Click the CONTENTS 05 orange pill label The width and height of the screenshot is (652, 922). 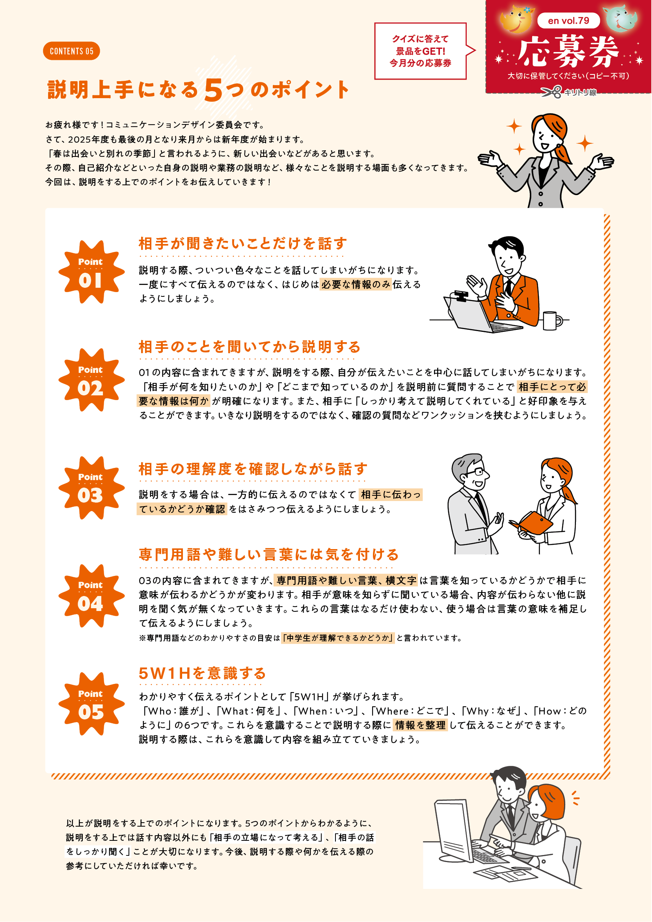[71, 51]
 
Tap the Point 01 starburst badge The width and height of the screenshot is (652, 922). [91, 272]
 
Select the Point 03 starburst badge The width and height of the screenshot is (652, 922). [91, 488]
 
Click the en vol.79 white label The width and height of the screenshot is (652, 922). [568, 20]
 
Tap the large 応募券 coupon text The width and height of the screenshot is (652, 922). [568, 52]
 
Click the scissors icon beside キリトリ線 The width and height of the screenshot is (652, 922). [551, 92]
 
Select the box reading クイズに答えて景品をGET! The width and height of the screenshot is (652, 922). [420, 51]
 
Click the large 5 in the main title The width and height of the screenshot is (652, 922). [213, 90]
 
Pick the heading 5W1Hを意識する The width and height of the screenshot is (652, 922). [202, 673]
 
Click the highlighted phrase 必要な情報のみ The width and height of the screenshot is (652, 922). [356, 284]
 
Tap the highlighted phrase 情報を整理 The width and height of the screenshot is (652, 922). [420, 725]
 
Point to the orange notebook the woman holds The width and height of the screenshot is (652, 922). [532, 523]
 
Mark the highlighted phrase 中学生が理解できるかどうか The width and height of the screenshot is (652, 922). [338, 638]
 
